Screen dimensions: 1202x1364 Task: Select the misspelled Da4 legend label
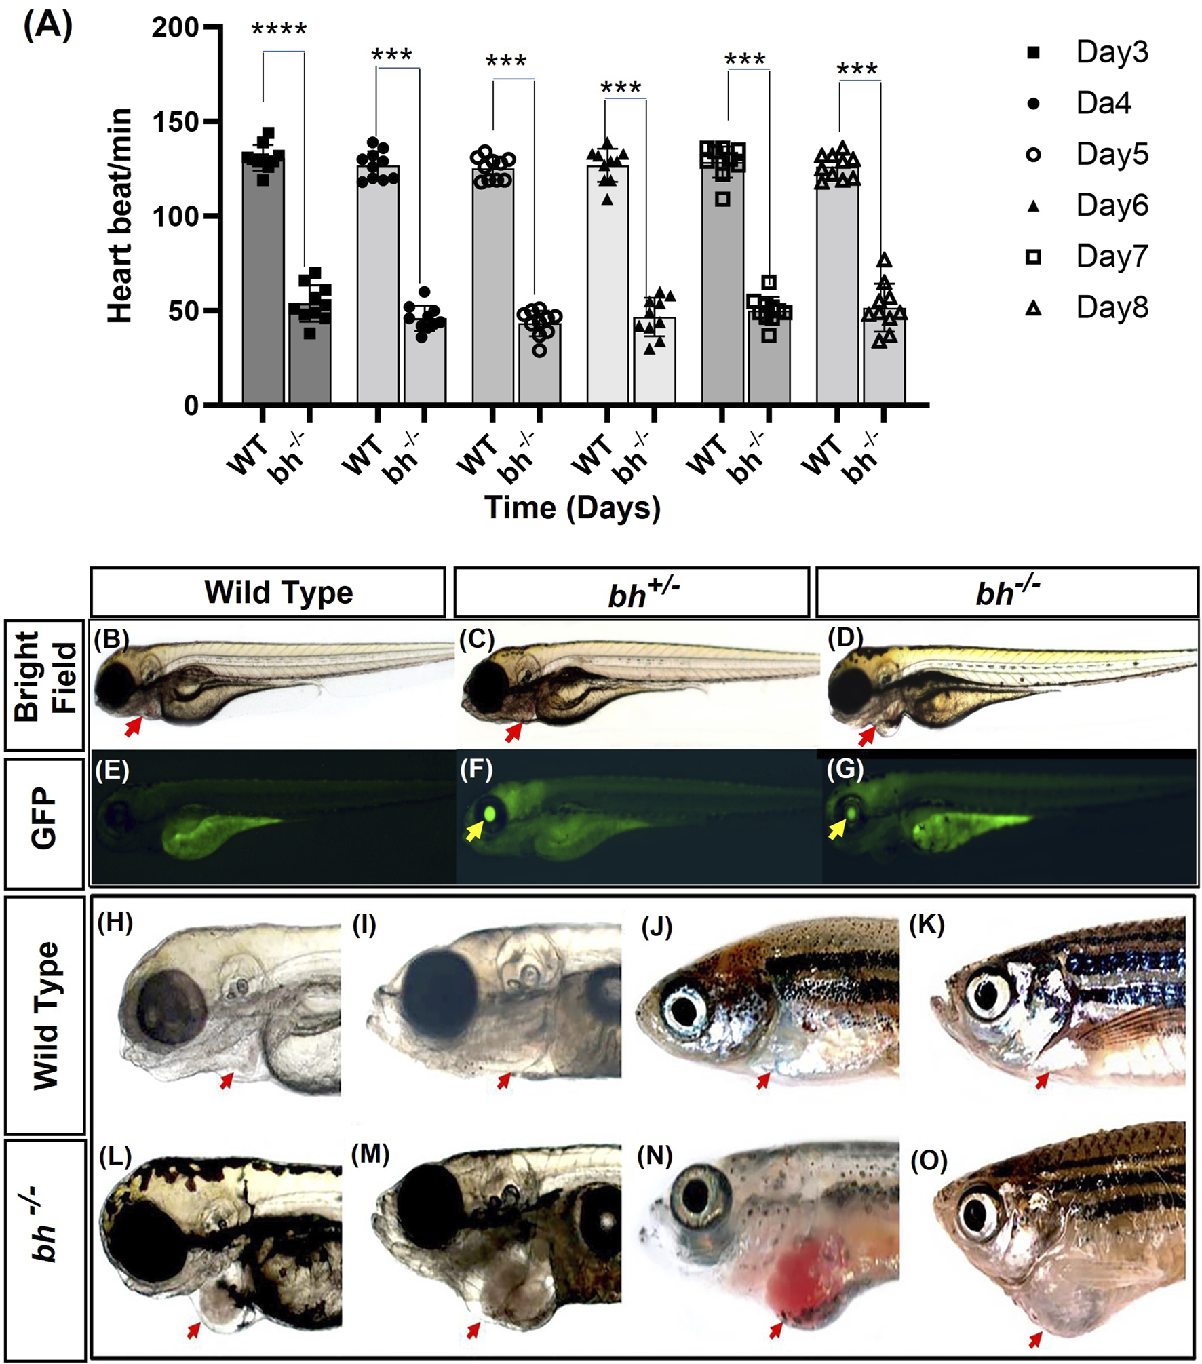pos(1103,103)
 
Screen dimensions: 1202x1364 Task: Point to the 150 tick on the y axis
pos(175,122)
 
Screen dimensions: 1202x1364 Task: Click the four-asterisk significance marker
pos(279,29)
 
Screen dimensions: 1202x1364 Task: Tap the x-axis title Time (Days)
pos(572,508)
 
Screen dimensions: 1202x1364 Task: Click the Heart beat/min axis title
pos(120,216)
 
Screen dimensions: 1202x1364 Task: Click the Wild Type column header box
pos(268,592)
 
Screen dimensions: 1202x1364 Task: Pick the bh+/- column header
pos(632,592)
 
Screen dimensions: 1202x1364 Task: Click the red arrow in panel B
pos(134,726)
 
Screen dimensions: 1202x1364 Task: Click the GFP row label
pos(45,818)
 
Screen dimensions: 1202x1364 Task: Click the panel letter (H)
pos(115,922)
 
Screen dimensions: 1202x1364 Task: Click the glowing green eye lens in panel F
pos(490,812)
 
